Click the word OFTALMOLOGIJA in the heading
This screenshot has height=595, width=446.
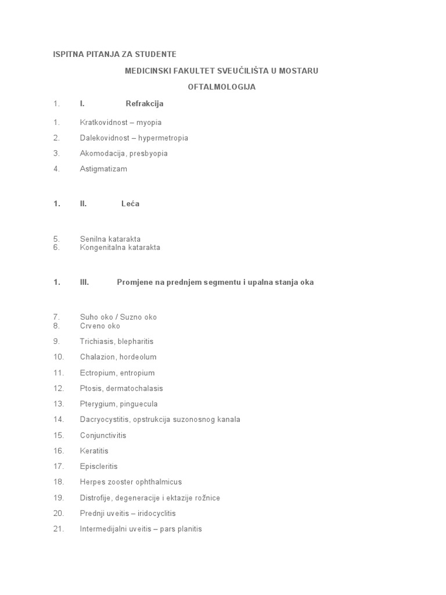point(222,87)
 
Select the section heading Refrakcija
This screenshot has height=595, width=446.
point(145,103)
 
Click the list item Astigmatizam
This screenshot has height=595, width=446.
point(103,169)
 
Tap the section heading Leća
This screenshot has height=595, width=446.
point(130,204)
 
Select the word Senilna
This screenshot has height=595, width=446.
point(93,239)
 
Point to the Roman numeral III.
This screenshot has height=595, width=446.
point(84,282)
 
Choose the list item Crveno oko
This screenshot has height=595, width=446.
point(100,326)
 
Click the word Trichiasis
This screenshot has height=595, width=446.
point(97,342)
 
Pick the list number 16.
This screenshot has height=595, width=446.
point(58,451)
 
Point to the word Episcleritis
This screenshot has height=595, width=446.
point(99,467)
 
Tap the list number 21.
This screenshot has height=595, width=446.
point(58,529)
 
